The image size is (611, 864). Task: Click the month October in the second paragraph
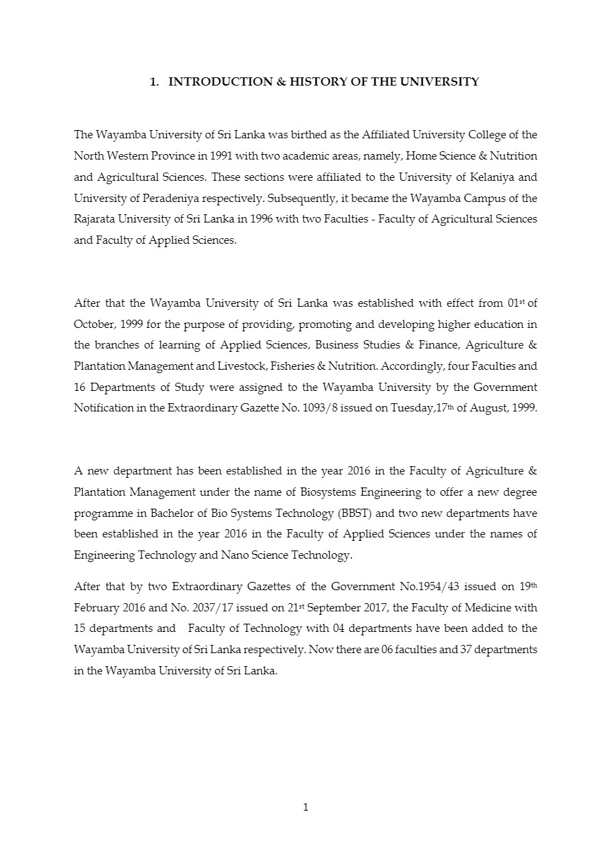(x=93, y=324)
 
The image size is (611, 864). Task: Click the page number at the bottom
(x=306, y=807)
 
